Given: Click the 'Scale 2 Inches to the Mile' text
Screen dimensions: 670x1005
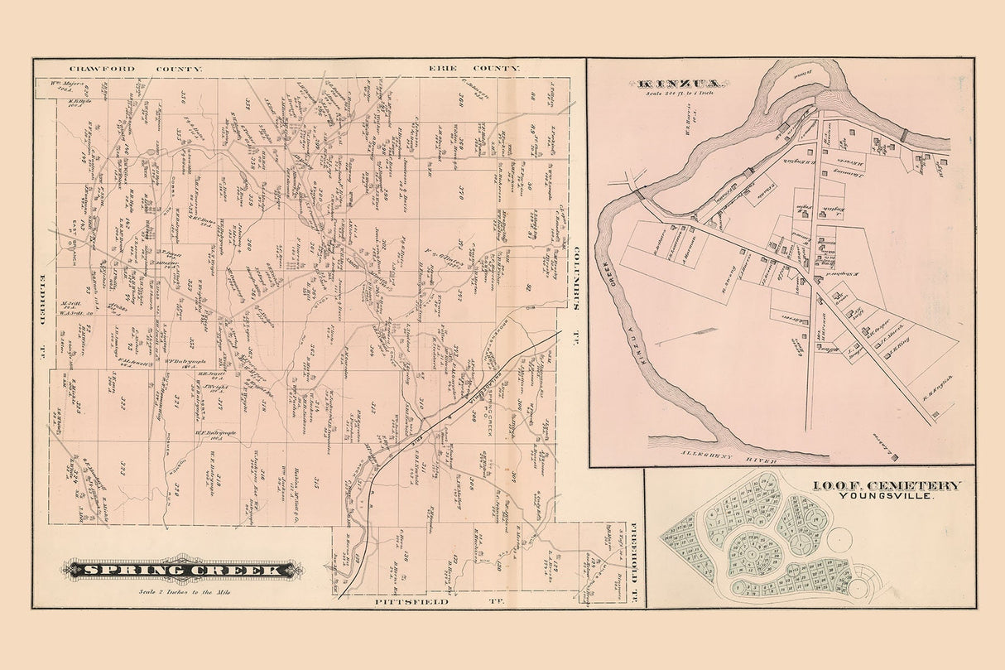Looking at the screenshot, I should pos(184,590).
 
